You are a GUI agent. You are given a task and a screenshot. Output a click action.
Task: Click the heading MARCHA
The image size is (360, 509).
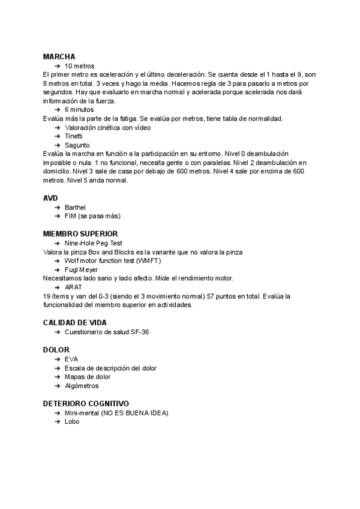tap(59, 56)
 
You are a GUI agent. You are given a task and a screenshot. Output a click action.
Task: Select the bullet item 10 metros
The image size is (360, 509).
tap(79, 65)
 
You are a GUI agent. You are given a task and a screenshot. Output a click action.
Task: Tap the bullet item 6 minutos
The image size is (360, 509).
tap(79, 110)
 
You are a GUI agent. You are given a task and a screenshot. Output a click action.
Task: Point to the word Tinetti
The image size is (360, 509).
tap(74, 136)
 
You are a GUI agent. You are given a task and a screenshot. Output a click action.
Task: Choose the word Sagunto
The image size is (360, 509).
tap(77, 145)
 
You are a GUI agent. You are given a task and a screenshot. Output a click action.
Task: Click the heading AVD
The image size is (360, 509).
tap(51, 198)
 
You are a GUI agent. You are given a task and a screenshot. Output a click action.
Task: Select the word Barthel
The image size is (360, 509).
tap(76, 207)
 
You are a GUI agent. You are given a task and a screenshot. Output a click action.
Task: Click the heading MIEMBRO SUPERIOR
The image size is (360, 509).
tap(80, 233)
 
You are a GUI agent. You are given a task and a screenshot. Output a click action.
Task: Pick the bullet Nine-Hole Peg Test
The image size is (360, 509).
tap(93, 243)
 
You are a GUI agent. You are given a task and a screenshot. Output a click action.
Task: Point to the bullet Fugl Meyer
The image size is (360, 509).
tap(81, 270)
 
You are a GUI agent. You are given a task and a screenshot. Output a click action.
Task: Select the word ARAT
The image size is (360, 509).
tap(73, 288)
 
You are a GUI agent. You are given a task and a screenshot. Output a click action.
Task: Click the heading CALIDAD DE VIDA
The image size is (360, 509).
tap(74, 322)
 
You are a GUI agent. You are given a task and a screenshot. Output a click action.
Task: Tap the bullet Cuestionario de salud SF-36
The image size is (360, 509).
tap(106, 332)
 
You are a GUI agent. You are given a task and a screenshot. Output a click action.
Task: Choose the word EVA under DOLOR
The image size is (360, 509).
tap(71, 359)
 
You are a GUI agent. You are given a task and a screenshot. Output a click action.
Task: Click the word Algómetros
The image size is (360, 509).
tap(82, 386)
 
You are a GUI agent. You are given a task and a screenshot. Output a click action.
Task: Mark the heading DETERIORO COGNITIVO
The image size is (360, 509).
tap(86, 403)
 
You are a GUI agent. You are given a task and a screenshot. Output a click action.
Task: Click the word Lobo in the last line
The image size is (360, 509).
tap(71, 421)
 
